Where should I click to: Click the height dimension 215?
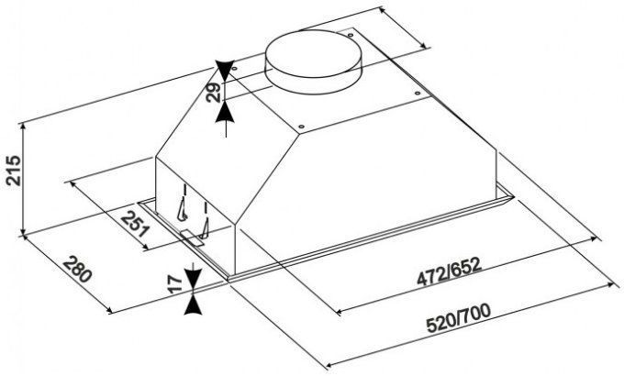point(13,171)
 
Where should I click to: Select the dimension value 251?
point(135,225)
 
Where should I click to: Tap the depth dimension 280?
point(78,270)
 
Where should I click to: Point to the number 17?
point(174,284)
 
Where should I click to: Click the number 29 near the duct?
point(213,93)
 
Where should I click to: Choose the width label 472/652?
point(449,272)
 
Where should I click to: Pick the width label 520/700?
point(459,318)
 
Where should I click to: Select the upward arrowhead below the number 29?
point(226,111)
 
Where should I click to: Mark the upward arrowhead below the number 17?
point(194,304)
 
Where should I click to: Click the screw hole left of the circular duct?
point(234,69)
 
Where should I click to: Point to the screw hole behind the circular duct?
point(351,36)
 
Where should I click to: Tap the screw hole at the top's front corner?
point(301,127)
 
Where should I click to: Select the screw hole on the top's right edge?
point(418,94)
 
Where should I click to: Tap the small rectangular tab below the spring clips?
point(193,238)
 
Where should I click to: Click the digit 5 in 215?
point(14,160)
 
